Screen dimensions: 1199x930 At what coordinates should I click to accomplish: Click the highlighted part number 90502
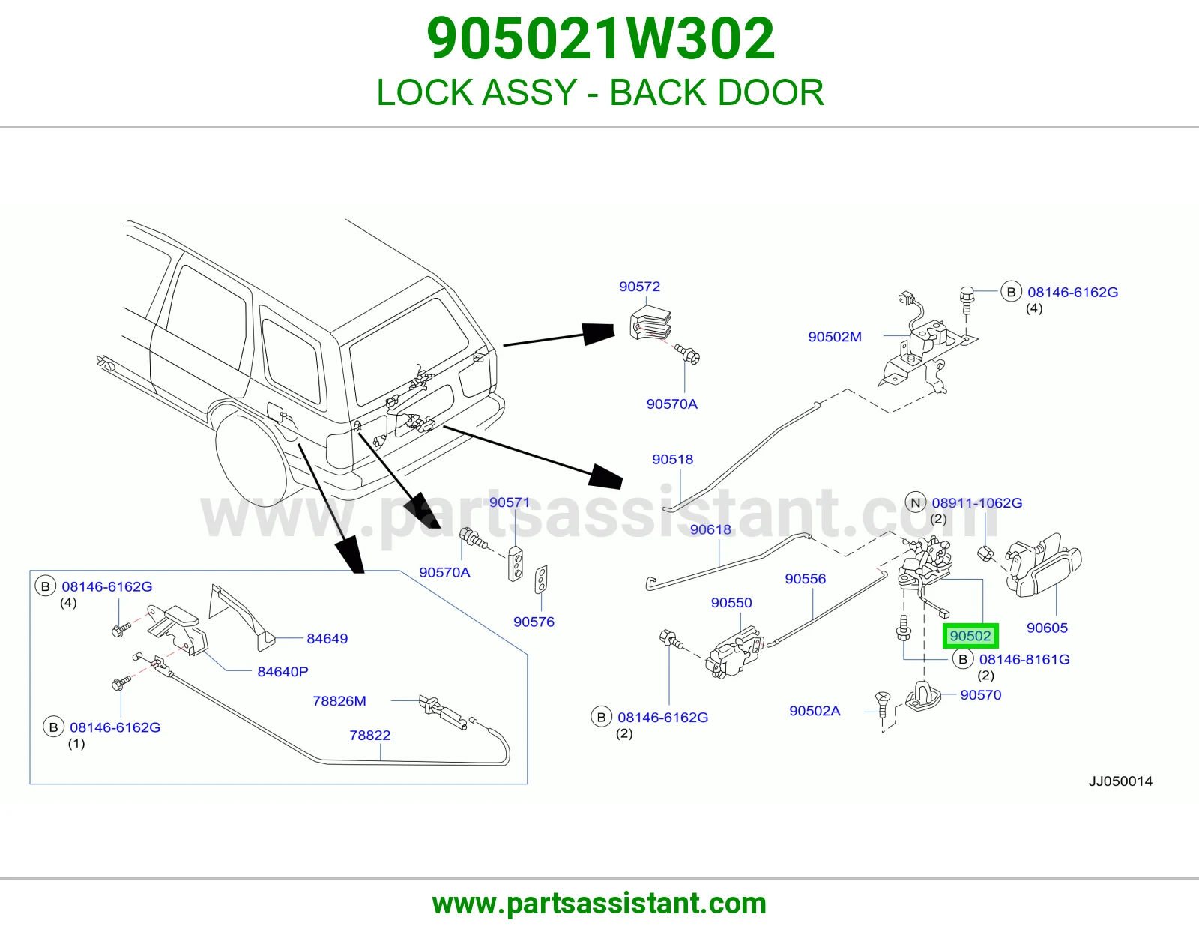point(970,636)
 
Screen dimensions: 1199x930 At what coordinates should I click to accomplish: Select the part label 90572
point(639,286)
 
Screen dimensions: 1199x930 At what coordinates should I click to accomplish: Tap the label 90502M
point(835,336)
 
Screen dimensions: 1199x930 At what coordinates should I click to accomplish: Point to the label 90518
point(673,459)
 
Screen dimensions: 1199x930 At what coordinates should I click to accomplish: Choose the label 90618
point(710,529)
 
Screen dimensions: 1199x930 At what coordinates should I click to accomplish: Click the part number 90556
point(806,579)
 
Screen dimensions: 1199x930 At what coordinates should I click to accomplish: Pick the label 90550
point(731,602)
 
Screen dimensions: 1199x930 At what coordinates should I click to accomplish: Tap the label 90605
point(1048,628)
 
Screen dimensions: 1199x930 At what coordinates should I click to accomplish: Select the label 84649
point(327,638)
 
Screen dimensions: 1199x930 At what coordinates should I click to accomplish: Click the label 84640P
point(283,671)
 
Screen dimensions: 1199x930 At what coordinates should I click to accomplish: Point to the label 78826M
point(339,700)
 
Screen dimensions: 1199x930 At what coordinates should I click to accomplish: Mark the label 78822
point(369,735)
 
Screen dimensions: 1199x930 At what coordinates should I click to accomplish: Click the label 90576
point(534,622)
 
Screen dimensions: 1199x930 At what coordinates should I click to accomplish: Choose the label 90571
point(510,502)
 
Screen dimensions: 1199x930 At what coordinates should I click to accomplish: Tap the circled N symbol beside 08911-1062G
point(916,503)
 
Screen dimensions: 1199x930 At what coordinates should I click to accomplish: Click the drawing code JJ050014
point(1120,781)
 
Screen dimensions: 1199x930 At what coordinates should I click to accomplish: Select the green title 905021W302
point(600,39)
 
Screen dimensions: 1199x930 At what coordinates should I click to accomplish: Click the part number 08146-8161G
point(1024,659)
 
